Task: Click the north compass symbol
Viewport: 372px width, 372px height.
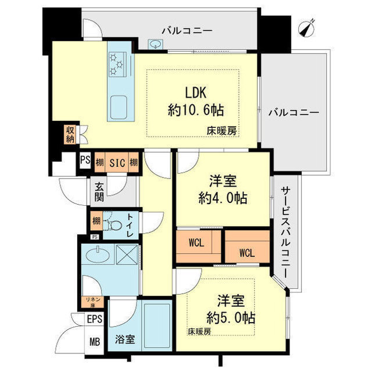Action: pyautogui.click(x=307, y=27)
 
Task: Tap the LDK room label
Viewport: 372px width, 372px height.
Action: pyautogui.click(x=195, y=94)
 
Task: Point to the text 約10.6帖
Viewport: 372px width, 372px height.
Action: pyautogui.click(x=195, y=109)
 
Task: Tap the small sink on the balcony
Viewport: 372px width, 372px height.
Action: pyautogui.click(x=156, y=43)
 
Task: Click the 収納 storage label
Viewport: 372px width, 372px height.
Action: pyautogui.click(x=70, y=134)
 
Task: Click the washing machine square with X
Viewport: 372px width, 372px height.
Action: pyautogui.click(x=128, y=255)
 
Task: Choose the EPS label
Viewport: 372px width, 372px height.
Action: pyautogui.click(x=94, y=319)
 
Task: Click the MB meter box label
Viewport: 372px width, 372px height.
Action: pyautogui.click(x=94, y=342)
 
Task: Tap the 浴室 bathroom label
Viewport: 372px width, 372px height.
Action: pyautogui.click(x=124, y=339)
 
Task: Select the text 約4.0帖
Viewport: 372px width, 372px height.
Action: pyautogui.click(x=222, y=198)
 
